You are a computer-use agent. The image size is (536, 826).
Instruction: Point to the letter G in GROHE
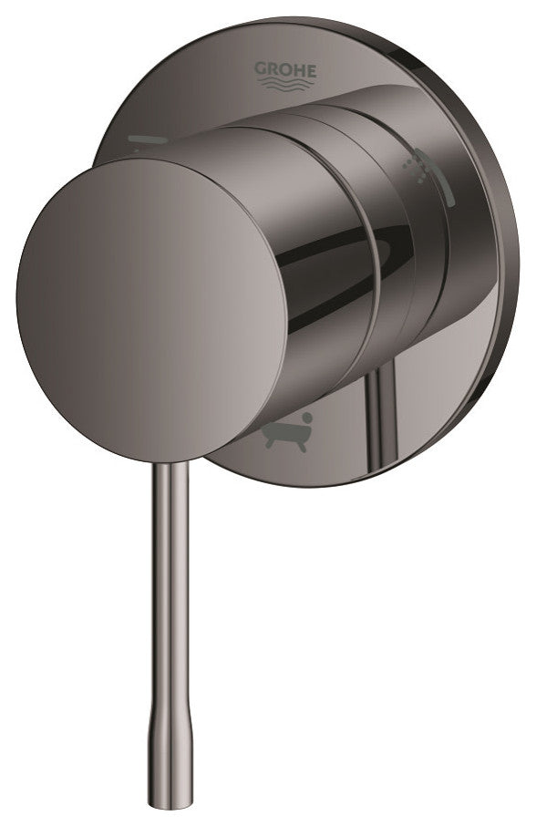point(261,67)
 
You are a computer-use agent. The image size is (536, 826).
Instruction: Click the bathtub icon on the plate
point(288,431)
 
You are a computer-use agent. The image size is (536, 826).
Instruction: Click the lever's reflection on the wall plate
point(374,410)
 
